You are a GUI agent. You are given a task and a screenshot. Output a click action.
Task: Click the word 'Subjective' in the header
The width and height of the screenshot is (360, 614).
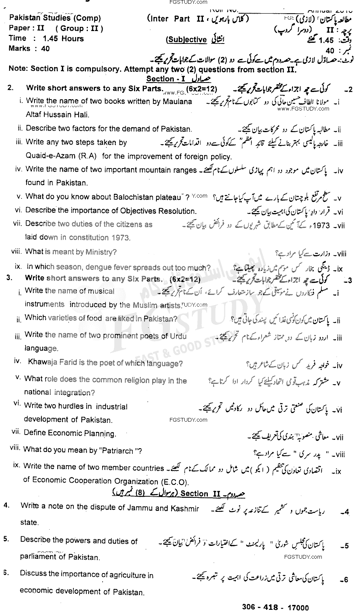(x=187, y=40)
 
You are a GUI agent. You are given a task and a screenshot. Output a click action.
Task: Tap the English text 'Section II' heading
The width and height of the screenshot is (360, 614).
(x=194, y=494)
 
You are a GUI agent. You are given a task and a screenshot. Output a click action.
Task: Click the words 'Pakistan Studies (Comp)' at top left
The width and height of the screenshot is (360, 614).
(x=55, y=18)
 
